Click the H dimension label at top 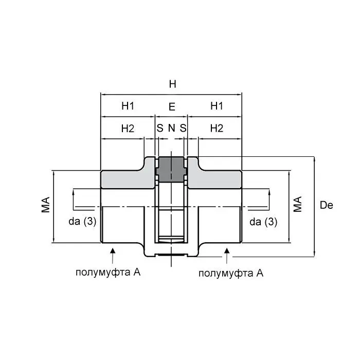tap(172, 84)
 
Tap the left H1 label tap(128, 106)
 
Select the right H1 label tap(217, 106)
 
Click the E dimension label tap(172, 107)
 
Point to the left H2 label tap(128, 129)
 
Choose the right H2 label tap(217, 129)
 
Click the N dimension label tap(171, 128)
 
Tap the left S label tap(160, 128)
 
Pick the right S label tap(183, 128)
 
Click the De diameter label tap(326, 205)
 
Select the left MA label tap(45, 205)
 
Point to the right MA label tap(298, 204)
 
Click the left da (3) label tap(82, 222)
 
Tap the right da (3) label tap(263, 222)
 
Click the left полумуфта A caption tap(108, 273)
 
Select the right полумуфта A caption tap(231, 273)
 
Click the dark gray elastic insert tap(171, 169)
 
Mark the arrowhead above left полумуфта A tap(113, 250)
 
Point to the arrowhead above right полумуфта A tap(227, 251)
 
